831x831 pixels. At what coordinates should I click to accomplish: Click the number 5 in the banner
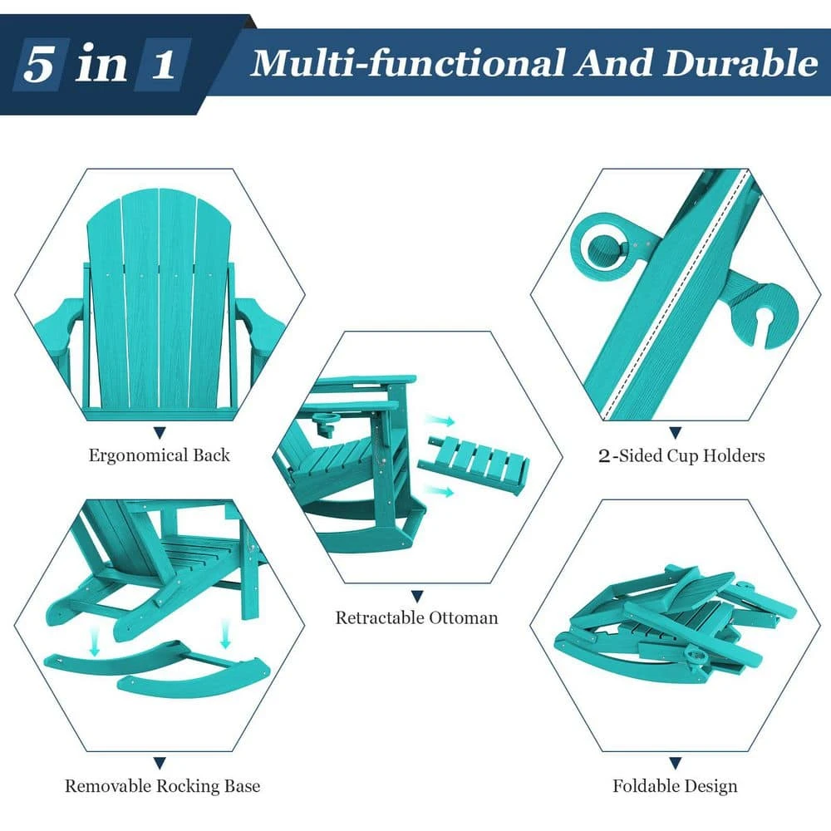[39, 64]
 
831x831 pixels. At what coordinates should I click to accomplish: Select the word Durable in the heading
[740, 63]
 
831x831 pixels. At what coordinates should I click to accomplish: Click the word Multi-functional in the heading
[407, 63]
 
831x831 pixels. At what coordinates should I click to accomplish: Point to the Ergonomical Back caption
[159, 455]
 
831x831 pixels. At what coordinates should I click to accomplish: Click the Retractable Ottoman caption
[416, 617]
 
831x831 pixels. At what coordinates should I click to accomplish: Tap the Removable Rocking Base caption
[162, 785]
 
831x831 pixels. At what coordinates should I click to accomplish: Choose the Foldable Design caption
[675, 786]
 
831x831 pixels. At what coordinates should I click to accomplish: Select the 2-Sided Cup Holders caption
[681, 455]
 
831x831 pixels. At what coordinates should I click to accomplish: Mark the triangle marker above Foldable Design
[675, 763]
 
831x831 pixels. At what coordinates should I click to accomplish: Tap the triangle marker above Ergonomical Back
[160, 433]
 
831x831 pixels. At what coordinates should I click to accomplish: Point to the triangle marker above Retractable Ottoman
[417, 597]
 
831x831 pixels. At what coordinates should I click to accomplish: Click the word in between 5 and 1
[101, 64]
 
